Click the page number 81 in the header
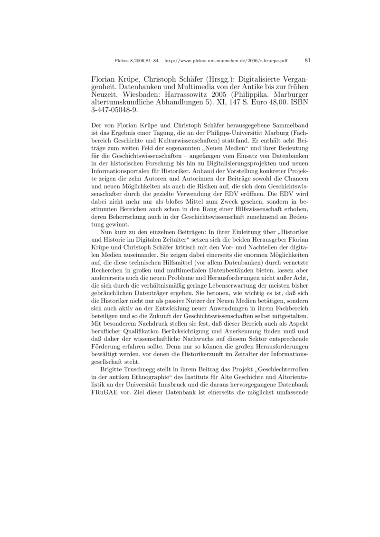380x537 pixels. [x=307, y=61]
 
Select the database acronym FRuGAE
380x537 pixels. [x=104, y=392]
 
